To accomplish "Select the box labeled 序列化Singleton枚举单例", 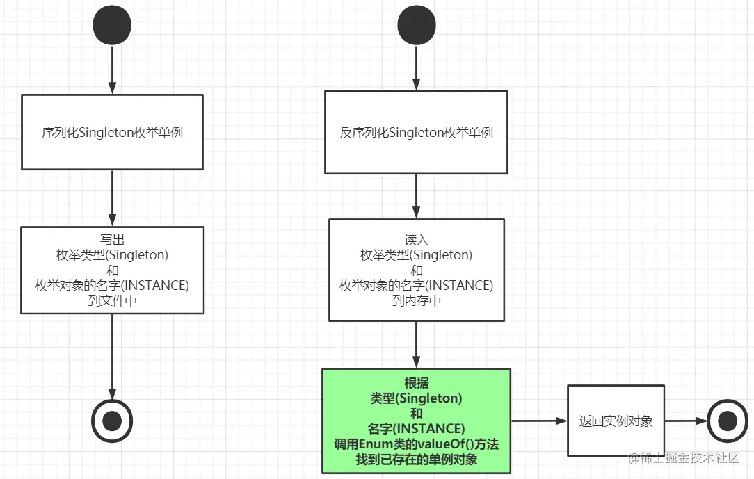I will click(x=112, y=132).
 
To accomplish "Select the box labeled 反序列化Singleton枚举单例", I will click(x=417, y=132).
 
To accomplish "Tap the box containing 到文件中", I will click(x=112, y=270).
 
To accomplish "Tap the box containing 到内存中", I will click(x=416, y=270).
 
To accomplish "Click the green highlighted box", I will click(x=416, y=421).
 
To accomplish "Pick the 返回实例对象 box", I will click(x=616, y=421).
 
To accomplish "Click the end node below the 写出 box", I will click(x=112, y=420).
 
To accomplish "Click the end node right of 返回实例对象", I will click(x=727, y=421).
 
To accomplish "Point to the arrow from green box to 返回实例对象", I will click(x=539, y=421).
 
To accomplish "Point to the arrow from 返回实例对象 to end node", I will click(x=685, y=421).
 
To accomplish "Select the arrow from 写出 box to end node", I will click(x=112, y=355).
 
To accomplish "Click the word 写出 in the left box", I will click(x=112, y=239).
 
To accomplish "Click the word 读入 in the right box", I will click(x=416, y=239).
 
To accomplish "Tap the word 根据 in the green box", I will click(x=416, y=383).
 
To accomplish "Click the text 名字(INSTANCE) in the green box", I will click(x=416, y=428).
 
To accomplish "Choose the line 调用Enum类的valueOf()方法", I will click(x=416, y=444).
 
